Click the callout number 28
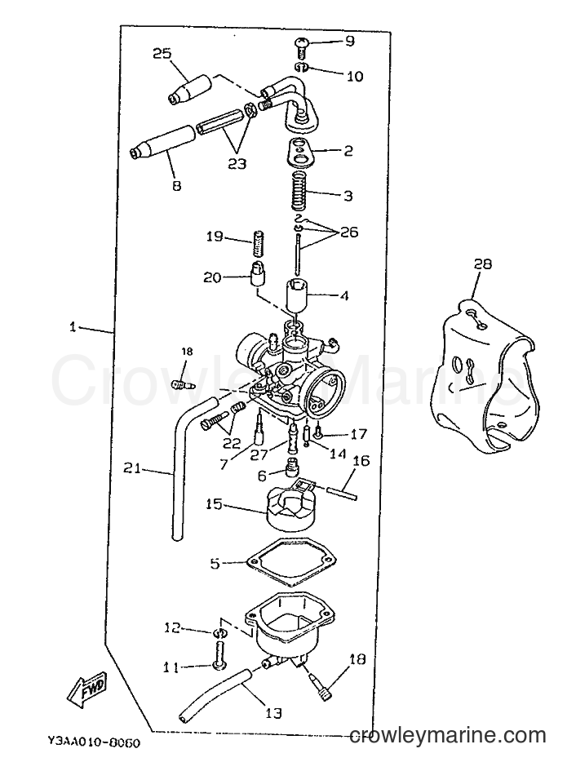[x=482, y=264]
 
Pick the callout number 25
[x=162, y=54]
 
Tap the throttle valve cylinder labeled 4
[x=298, y=294]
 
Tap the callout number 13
[x=273, y=712]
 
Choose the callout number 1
[x=73, y=326]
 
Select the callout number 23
[x=237, y=162]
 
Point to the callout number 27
[x=259, y=454]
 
